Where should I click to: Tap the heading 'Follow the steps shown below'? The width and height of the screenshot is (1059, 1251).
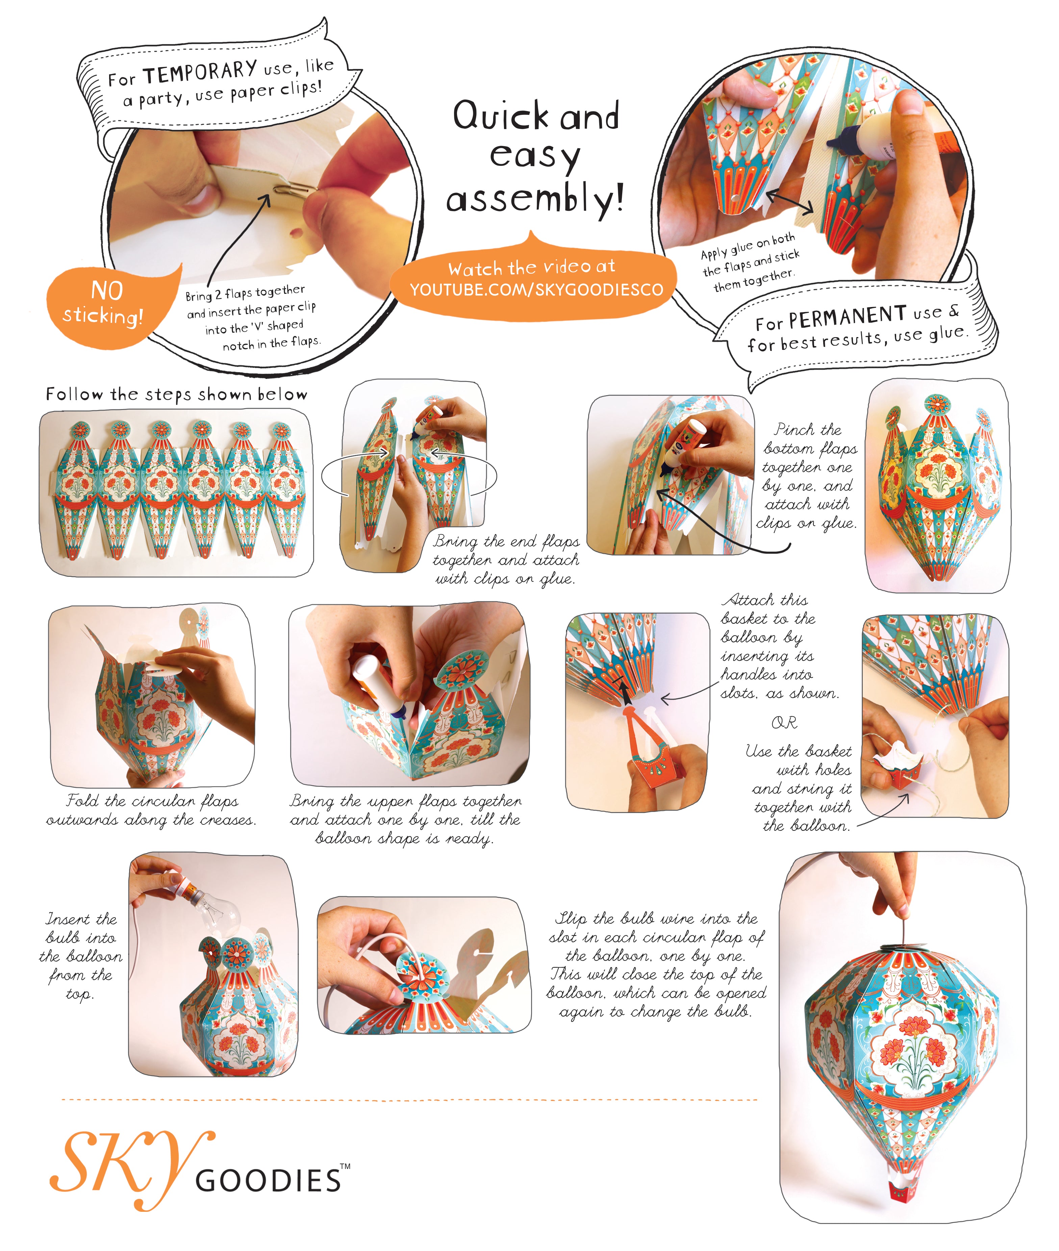tap(176, 394)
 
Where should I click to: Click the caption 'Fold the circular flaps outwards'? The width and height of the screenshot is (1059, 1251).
tap(151, 810)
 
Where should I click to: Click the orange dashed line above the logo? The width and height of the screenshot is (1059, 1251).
tap(409, 1100)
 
